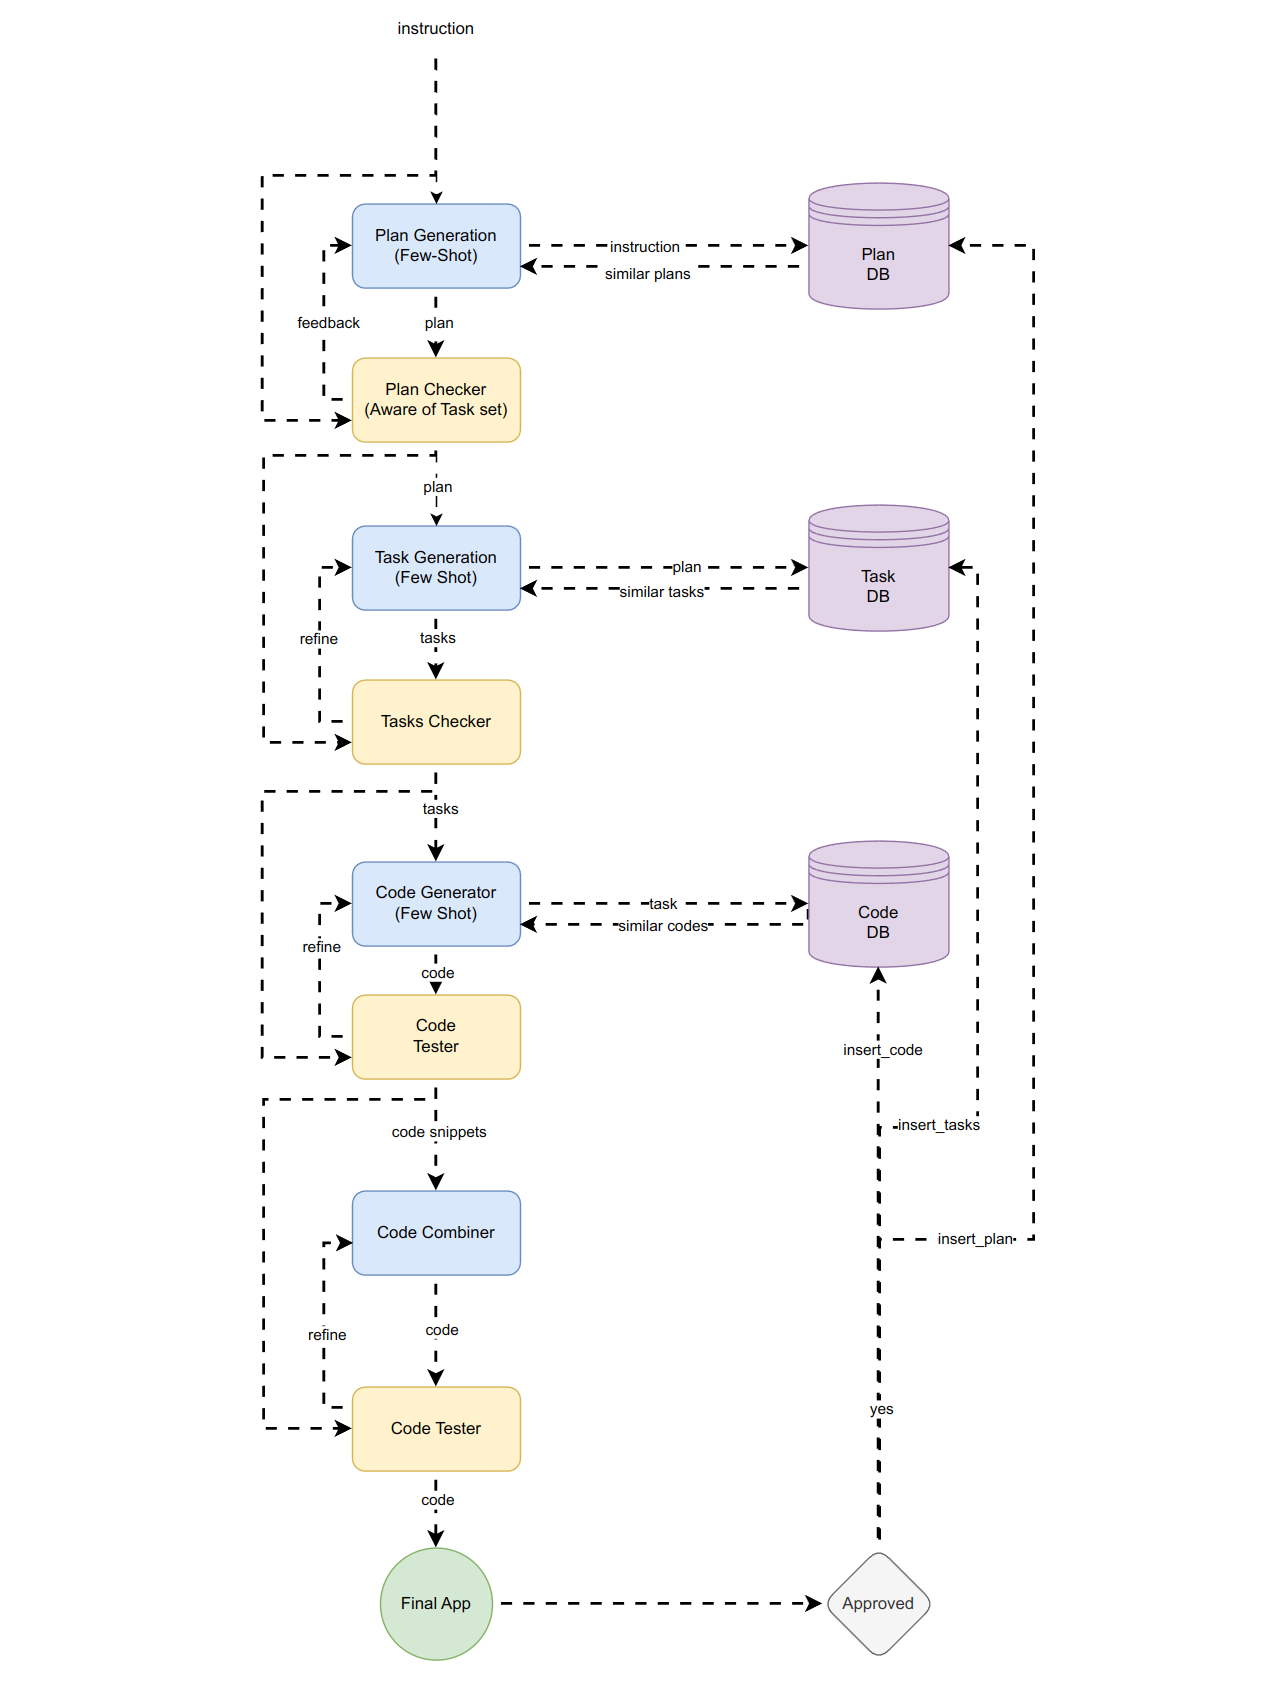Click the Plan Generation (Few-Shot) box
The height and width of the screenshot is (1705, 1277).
[436, 246]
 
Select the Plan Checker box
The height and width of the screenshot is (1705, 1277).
[436, 400]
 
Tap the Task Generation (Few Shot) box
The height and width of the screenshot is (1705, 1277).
[436, 568]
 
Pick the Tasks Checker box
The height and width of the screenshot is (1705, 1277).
[436, 722]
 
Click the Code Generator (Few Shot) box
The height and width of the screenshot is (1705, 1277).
[436, 903]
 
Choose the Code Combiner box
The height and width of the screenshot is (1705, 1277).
[436, 1233]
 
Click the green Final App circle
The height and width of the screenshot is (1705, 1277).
[436, 1604]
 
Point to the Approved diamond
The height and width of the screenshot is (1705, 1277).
[878, 1604]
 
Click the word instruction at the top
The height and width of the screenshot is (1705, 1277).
[435, 29]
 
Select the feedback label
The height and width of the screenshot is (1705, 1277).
[328, 323]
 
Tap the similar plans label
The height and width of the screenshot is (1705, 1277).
[647, 274]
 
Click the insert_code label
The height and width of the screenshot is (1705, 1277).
[882, 1050]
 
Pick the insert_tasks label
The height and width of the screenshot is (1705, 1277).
[938, 1125]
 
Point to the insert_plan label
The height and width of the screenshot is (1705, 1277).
[975, 1239]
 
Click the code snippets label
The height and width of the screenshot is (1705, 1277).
[439, 1132]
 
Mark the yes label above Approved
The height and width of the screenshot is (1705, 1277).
[881, 1410]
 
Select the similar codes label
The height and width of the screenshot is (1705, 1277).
[663, 926]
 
